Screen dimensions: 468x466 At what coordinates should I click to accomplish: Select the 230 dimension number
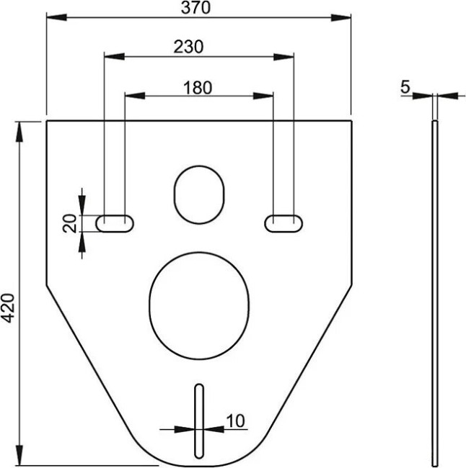[188, 47]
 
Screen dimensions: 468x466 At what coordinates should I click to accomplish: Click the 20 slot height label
[69, 223]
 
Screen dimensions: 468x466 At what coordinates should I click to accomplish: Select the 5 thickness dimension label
[405, 87]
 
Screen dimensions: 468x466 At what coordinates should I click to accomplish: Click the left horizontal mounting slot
[115, 222]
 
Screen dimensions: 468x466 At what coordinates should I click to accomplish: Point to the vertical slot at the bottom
[199, 420]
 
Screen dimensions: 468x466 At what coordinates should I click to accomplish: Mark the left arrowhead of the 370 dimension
[52, 17]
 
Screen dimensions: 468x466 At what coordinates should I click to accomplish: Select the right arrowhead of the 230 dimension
[289, 57]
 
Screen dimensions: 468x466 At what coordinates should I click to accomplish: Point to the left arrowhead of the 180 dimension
[131, 95]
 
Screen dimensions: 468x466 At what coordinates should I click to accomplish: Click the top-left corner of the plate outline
[47, 121]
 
